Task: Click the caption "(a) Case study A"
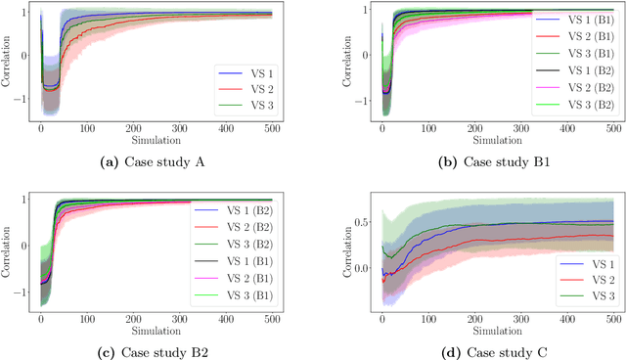click(157, 160)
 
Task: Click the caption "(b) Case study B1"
click(478, 160)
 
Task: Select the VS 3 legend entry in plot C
click(577, 296)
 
